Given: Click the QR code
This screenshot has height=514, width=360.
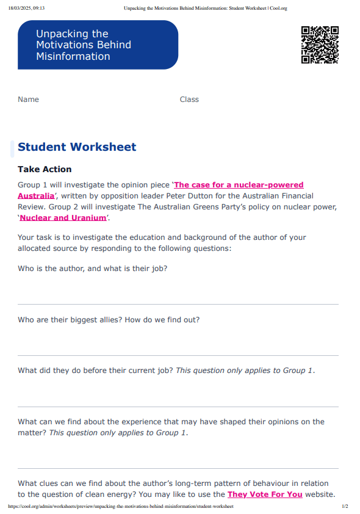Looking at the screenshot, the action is pyautogui.click(x=320, y=45).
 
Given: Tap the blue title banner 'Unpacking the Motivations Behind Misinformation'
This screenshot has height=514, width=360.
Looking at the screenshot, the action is pyautogui.click(x=98, y=45).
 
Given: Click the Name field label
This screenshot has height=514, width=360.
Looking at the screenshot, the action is pyautogui.click(x=28, y=100).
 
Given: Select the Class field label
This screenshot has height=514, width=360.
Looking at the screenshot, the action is pyautogui.click(x=189, y=100).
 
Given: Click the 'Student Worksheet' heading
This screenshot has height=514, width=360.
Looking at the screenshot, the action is pyautogui.click(x=77, y=147).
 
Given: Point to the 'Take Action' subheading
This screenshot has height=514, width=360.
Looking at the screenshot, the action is pyautogui.click(x=45, y=170).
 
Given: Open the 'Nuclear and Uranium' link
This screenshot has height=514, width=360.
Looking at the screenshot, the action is pyautogui.click(x=63, y=218).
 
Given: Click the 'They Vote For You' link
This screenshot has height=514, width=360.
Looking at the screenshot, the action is pyautogui.click(x=265, y=494).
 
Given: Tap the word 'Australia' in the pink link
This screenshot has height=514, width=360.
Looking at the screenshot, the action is pyautogui.click(x=35, y=196).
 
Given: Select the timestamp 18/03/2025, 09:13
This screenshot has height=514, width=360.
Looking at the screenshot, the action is pyautogui.click(x=27, y=9).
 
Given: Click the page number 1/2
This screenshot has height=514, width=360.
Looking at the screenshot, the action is pyautogui.click(x=345, y=507).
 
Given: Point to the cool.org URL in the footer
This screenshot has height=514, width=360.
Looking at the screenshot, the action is pyautogui.click(x=121, y=507).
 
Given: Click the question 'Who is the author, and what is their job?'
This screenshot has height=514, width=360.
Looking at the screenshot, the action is pyautogui.click(x=92, y=269).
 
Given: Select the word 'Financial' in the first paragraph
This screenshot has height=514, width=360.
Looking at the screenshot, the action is pyautogui.click(x=293, y=196).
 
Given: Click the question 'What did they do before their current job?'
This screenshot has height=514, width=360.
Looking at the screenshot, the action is pyautogui.click(x=95, y=371).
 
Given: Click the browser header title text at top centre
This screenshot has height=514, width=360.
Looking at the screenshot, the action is pyautogui.click(x=205, y=9).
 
